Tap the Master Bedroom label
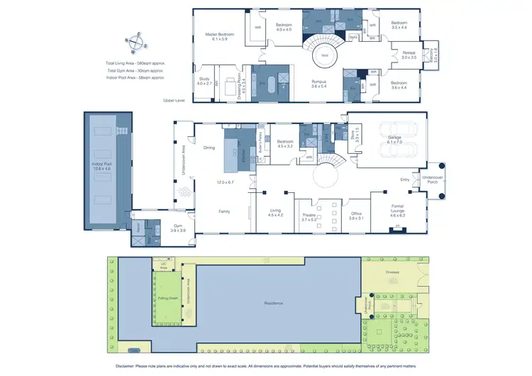tap(220, 37)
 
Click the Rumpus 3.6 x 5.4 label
tap(318, 84)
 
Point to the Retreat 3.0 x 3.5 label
tap(409, 54)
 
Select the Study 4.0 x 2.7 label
tap(204, 82)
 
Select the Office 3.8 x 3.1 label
tap(356, 216)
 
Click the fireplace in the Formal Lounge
tap(398, 228)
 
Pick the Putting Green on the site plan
tap(167, 299)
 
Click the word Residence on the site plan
tap(274, 303)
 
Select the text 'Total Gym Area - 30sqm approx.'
tap(135, 71)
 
